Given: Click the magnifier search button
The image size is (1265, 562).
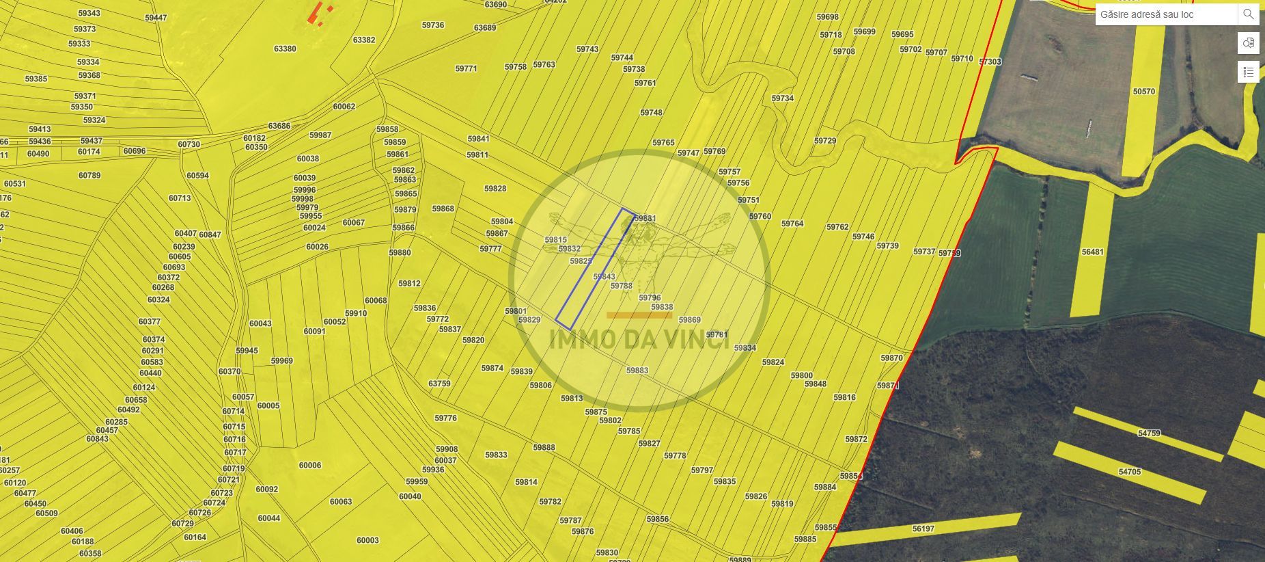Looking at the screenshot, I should click(1248, 14).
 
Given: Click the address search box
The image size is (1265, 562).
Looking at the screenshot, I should click(1165, 14).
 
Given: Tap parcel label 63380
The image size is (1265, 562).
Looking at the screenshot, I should click(285, 49).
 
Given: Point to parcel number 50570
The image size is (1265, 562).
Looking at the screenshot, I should click(1143, 92).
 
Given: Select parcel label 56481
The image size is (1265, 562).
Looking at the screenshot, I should click(1092, 252).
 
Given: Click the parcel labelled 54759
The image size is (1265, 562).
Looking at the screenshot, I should click(1149, 433).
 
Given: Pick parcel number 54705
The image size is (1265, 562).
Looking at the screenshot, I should click(1130, 472).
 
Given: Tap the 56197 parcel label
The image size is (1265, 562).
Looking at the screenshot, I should click(923, 528).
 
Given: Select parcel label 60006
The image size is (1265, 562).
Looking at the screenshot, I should click(310, 465).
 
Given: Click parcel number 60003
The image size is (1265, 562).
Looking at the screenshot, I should click(367, 540).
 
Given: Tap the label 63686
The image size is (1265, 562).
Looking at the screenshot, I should click(279, 126).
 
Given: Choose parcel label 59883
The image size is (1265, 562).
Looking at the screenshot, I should click(637, 370).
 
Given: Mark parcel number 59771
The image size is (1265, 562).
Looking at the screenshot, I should click(466, 68).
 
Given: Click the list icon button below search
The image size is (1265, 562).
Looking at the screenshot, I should click(1249, 72).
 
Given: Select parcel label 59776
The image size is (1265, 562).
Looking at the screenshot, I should click(445, 418).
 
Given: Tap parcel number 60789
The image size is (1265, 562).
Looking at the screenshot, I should click(89, 175).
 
